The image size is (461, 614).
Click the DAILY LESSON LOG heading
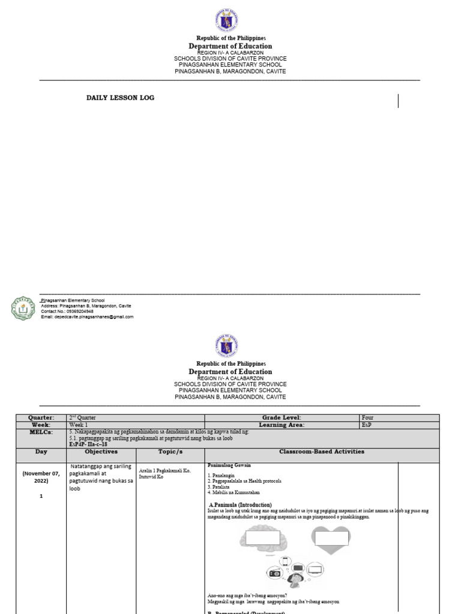pos(120,98)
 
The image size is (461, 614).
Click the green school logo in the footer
pos(23,308)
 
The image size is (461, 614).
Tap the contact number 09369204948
pos(67,311)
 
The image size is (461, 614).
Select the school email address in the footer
pos(87,317)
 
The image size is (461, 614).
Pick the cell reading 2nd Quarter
pos(82,418)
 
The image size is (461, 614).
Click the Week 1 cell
pos(79,425)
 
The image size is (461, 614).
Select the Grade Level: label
pos(282,418)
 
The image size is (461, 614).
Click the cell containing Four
pos(368,418)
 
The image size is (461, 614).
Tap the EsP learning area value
pos(367,425)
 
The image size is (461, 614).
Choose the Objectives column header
pos(101,452)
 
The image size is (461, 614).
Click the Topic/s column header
pos(170,452)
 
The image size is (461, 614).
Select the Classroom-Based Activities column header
pos(322,452)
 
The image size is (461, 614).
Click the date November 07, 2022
pos(41,477)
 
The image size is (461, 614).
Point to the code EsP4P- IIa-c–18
pos(88,444)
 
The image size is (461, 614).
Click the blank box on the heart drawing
pos(332,538)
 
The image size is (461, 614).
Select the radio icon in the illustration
pos(276,573)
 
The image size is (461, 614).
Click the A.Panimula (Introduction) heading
pos(240,505)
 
